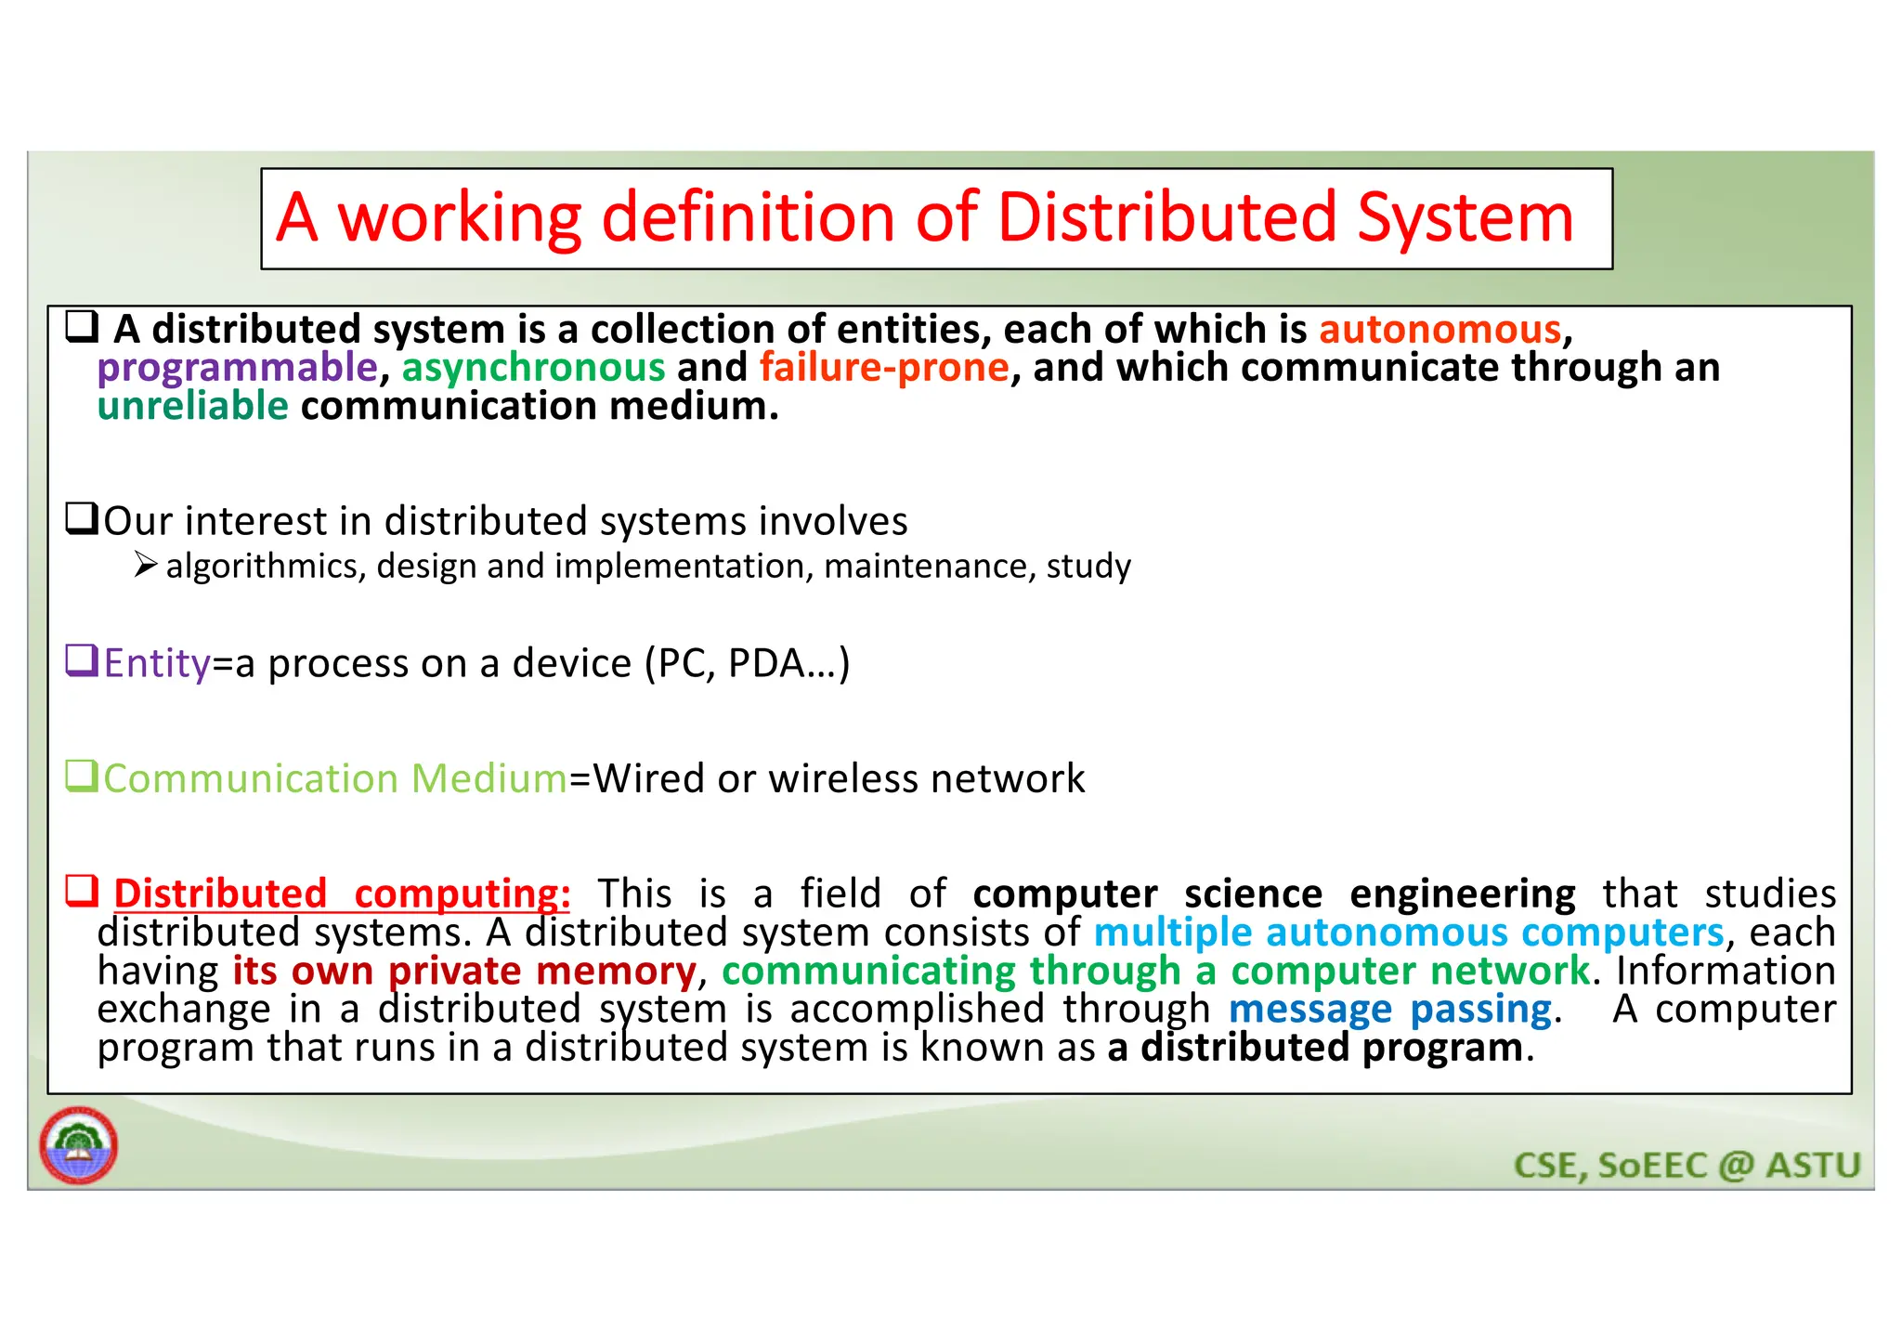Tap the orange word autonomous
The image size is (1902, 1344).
click(1440, 330)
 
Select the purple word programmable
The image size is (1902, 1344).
click(237, 369)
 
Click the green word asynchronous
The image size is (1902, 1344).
click(533, 369)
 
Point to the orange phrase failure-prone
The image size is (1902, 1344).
click(883, 368)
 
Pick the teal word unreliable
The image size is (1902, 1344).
click(193, 407)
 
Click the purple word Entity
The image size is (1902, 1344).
click(157, 664)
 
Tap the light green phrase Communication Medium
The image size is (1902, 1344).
click(334, 779)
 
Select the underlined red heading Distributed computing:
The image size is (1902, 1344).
click(341, 894)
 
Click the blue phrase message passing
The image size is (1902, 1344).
click(1389, 1010)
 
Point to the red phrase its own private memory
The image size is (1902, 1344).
click(463, 972)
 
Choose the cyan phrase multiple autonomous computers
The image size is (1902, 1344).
click(1408, 933)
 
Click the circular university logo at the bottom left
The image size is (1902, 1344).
click(79, 1145)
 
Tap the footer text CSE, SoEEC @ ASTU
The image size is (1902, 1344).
click(1687, 1166)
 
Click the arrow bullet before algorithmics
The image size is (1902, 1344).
click(146, 565)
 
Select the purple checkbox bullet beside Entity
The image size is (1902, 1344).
click(82, 660)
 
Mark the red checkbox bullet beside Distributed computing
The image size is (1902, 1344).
click(82, 891)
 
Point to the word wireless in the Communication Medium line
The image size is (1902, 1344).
click(842, 779)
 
